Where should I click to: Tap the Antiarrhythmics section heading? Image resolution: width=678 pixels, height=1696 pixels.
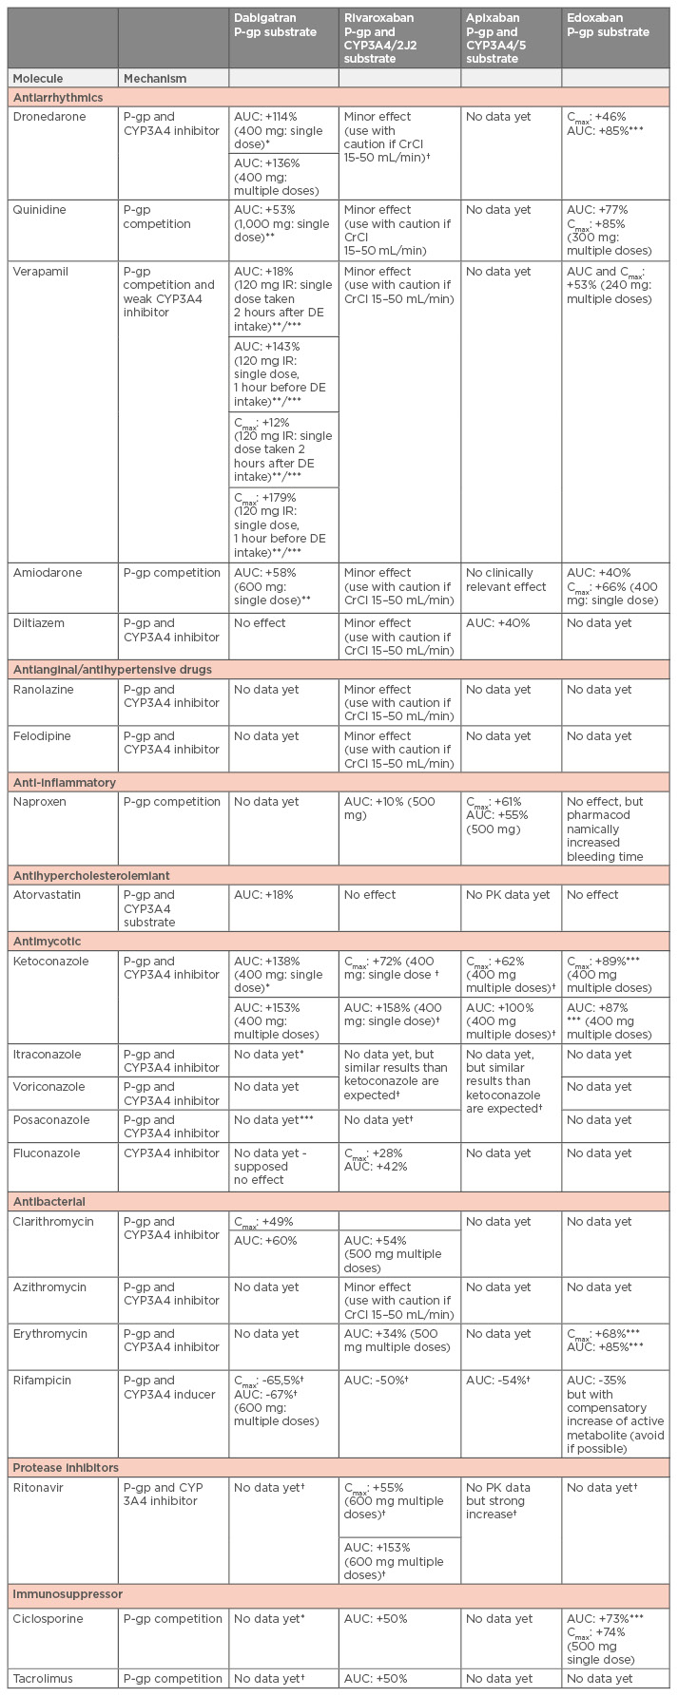(58, 97)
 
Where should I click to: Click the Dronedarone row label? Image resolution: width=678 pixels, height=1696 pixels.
(49, 117)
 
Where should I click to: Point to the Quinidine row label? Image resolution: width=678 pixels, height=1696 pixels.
(39, 210)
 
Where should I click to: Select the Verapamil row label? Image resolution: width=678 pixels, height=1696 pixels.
(42, 272)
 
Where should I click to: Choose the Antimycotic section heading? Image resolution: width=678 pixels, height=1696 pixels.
(47, 942)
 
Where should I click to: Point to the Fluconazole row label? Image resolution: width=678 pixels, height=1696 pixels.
(48, 1153)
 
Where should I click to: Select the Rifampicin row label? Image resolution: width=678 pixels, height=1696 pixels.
(44, 1381)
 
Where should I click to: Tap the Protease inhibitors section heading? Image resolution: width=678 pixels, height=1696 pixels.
(65, 1468)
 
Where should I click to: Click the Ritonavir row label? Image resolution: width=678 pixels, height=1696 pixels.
(40, 1488)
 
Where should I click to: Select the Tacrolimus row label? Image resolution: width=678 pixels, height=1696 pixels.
(43, 1679)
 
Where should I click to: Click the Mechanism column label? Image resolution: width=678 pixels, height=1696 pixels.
(155, 78)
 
